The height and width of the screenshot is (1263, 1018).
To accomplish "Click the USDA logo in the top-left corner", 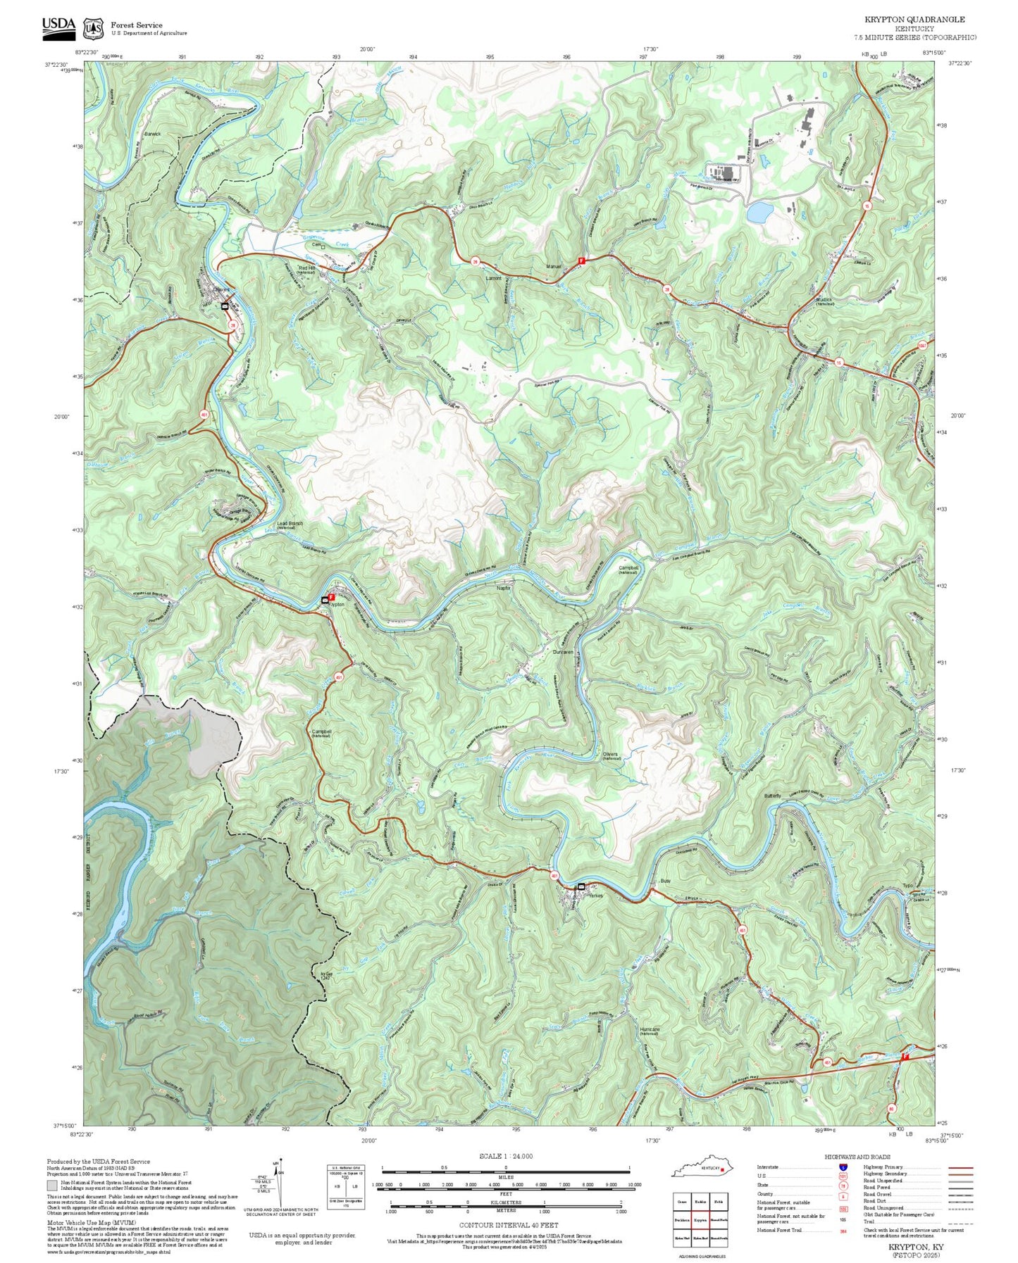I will click(58, 26).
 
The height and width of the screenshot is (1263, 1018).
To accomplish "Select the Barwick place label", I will click(153, 134).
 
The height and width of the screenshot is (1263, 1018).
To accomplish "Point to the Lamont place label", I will click(494, 278).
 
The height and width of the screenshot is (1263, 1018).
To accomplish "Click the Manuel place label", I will click(554, 266).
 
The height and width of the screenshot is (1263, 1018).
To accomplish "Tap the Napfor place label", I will click(504, 588).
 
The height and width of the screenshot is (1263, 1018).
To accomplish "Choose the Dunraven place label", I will click(563, 652).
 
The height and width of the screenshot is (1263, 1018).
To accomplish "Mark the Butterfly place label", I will click(773, 796).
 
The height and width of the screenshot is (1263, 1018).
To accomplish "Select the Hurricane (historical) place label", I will click(650, 1031).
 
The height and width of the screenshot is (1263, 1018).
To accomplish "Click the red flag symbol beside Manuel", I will click(581, 260).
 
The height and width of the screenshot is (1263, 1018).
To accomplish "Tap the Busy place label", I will click(666, 881).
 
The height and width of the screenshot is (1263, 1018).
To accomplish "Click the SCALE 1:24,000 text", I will click(505, 1156).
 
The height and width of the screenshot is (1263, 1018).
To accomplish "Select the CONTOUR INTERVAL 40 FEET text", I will click(509, 1225).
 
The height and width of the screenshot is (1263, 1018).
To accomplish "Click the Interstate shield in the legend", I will click(843, 1167).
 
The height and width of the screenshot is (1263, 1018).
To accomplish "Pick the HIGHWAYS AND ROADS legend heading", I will click(857, 1157).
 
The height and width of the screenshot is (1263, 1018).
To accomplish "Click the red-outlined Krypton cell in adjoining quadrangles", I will click(700, 1219).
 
